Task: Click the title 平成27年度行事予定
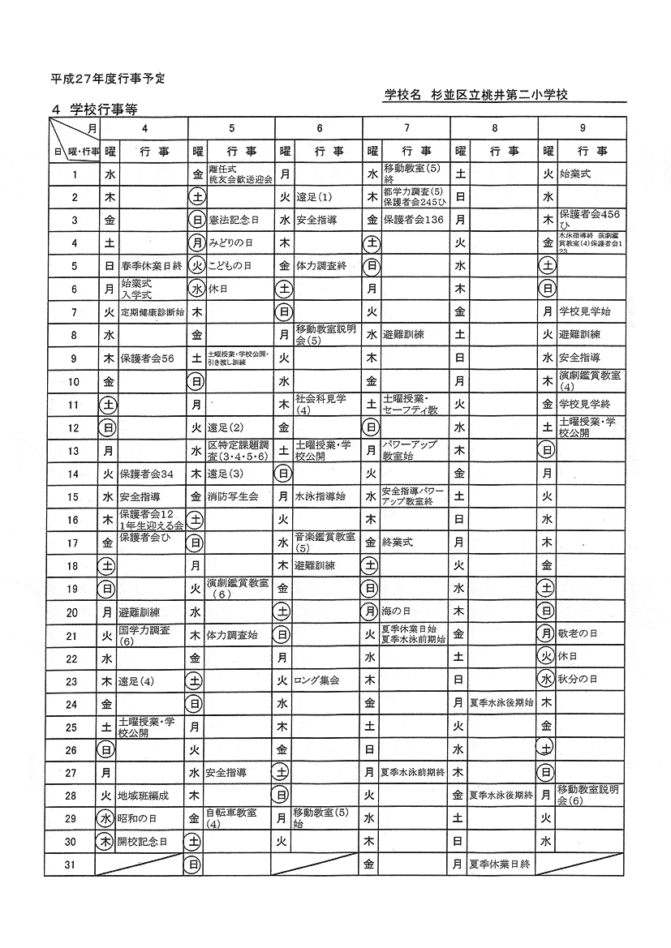click(x=108, y=79)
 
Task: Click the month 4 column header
click(x=144, y=128)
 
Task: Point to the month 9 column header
click(x=583, y=128)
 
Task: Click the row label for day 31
click(x=74, y=864)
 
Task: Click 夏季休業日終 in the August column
click(x=500, y=864)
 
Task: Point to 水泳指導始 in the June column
click(x=320, y=495)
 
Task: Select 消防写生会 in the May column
click(x=233, y=495)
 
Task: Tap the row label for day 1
click(x=74, y=174)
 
